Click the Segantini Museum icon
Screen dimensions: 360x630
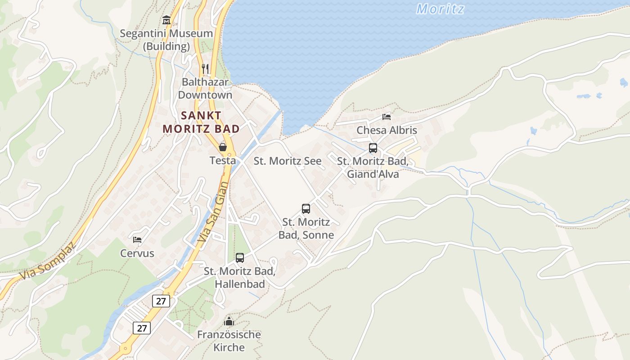pyautogui.click(x=166, y=20)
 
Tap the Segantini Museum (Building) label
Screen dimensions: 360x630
pyautogui.click(x=166, y=40)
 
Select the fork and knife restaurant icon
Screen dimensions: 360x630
pyautogui.click(x=205, y=69)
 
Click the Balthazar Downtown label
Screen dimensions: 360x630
pyautogui.click(x=205, y=89)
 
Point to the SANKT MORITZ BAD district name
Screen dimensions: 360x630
pyautogui.click(x=201, y=122)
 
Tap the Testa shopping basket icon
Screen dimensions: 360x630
pyautogui.click(x=222, y=147)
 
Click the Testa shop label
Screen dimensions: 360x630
pyautogui.click(x=222, y=160)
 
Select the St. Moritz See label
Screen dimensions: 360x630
pyautogui.click(x=288, y=161)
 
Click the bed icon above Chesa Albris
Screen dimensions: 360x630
pyautogui.click(x=387, y=117)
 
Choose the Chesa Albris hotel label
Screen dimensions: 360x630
pyautogui.click(x=387, y=130)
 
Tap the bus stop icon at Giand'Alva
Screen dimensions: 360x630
pyautogui.click(x=373, y=148)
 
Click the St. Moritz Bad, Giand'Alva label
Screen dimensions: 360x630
pyautogui.click(x=373, y=167)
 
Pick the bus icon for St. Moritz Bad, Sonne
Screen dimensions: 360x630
pyautogui.click(x=306, y=209)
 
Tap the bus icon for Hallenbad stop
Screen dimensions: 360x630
pyautogui.click(x=240, y=258)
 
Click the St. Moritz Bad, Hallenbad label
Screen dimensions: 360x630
pyautogui.click(x=239, y=278)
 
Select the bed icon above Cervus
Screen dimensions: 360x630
pyautogui.click(x=137, y=239)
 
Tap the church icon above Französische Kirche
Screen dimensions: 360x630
pyautogui.click(x=229, y=321)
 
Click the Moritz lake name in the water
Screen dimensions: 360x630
pyautogui.click(x=440, y=9)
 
